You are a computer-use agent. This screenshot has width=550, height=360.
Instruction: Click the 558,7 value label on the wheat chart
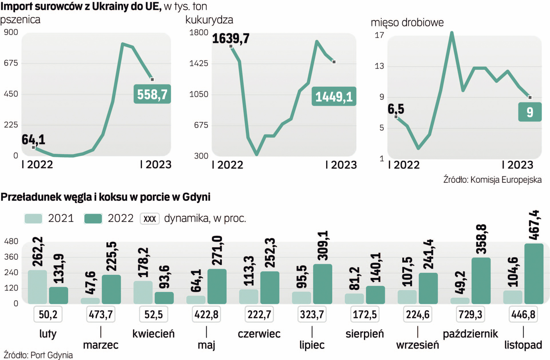coord(152,94)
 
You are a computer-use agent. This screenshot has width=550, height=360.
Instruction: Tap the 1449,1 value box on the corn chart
coord(334,97)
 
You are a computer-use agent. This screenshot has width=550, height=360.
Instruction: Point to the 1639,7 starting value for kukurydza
coord(231,39)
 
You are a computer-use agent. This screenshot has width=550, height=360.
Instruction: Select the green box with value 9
coord(530,112)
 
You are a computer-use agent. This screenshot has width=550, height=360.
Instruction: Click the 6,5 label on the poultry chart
coord(396,109)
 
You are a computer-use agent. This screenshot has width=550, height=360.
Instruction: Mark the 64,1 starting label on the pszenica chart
coord(33,139)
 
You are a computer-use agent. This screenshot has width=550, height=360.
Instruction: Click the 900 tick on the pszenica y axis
coord(11,32)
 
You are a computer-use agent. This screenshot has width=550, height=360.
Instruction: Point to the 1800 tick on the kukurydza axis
coord(199,32)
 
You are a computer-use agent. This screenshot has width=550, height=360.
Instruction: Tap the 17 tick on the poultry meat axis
coord(379,35)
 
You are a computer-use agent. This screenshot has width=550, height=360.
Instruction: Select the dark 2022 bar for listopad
coord(534,274)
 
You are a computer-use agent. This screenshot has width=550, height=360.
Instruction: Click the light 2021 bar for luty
coord(37,287)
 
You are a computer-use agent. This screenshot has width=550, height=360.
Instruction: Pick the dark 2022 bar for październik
coord(481,281)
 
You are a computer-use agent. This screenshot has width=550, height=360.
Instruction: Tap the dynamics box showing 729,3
coord(470,314)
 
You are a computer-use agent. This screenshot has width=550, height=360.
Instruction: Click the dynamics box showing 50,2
coord(48,314)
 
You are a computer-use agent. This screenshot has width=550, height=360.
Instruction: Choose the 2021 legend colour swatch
coord(33,219)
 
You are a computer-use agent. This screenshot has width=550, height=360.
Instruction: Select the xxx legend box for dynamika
coord(150,219)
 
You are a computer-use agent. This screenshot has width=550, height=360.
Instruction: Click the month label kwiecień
coord(153,334)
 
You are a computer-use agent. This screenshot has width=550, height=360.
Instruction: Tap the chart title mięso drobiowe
coord(407,22)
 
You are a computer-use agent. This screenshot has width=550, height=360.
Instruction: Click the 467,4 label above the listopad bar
coord(534,225)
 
